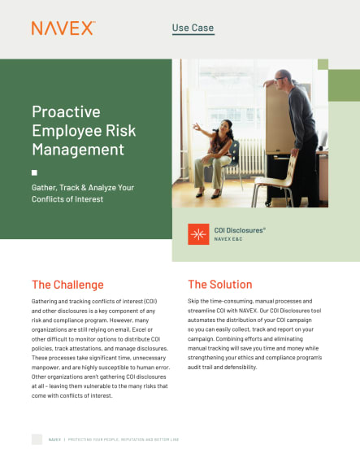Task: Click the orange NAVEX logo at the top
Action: pyautogui.click(x=63, y=28)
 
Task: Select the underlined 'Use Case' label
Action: pyautogui.click(x=193, y=28)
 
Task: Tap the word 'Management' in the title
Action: pyautogui.click(x=78, y=149)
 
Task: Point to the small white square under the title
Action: pyautogui.click(x=34, y=172)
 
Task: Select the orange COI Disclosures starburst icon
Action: pyautogui.click(x=197, y=234)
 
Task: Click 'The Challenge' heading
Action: pyautogui.click(x=67, y=285)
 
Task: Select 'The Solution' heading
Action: pyautogui.click(x=219, y=285)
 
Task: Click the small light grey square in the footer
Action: pyautogui.click(x=37, y=439)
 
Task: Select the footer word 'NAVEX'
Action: pyautogui.click(x=54, y=439)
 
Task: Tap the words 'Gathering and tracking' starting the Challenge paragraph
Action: pyautogui.click(x=67, y=301)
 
